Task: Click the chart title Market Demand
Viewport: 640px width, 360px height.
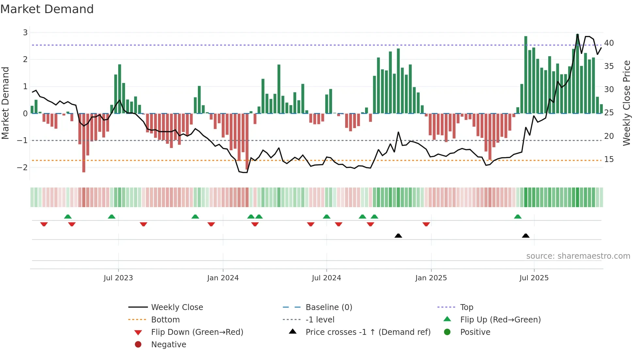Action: tap(47, 9)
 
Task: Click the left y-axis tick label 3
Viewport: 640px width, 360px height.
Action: tap(25, 32)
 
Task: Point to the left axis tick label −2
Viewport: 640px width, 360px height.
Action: tap(23, 167)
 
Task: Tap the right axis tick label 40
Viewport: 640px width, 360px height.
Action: tap(609, 43)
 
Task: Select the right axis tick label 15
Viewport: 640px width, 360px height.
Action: tap(609, 159)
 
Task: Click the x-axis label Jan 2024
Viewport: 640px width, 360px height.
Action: tap(223, 278)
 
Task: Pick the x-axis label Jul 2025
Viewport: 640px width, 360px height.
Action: tap(534, 278)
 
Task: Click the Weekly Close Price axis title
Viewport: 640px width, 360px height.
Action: tap(626, 103)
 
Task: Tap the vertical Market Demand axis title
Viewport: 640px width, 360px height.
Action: tap(5, 103)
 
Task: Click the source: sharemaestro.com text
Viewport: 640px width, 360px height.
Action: tap(578, 256)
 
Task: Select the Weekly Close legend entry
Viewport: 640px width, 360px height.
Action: tap(177, 307)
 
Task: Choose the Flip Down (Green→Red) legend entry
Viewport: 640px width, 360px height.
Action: tap(197, 332)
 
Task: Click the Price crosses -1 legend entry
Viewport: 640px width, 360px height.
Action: tap(368, 332)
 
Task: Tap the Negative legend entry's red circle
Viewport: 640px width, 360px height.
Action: tap(138, 345)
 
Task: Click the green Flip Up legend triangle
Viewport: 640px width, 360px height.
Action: tap(447, 319)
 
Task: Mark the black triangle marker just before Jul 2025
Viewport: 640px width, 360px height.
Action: tap(525, 236)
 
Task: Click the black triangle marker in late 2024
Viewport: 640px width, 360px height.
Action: tap(398, 236)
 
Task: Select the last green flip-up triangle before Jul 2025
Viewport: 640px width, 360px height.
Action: tap(518, 217)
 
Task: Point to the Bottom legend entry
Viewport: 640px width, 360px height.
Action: tap(165, 320)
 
